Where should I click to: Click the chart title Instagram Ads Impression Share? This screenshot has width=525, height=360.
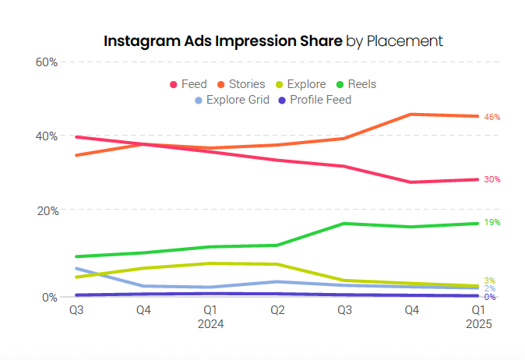(x=222, y=41)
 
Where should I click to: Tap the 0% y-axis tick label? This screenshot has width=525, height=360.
(x=49, y=297)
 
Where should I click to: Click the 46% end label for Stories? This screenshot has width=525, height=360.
(x=492, y=117)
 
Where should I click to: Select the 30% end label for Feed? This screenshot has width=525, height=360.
(x=492, y=179)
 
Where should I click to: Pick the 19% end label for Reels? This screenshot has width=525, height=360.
(x=492, y=223)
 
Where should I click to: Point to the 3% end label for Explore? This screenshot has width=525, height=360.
(x=489, y=281)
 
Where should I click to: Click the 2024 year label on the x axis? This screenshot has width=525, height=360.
(x=210, y=323)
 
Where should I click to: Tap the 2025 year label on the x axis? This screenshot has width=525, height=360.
(x=477, y=323)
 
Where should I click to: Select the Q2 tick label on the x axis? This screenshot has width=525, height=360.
(x=277, y=309)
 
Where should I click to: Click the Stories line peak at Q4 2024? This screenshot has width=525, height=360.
(x=411, y=115)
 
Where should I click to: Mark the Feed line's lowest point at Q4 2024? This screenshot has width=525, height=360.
(x=411, y=182)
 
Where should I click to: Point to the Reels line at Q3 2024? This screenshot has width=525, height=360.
(x=344, y=224)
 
